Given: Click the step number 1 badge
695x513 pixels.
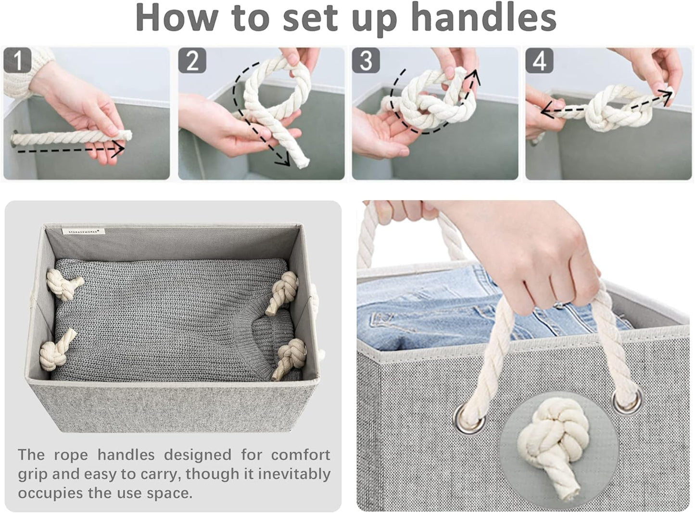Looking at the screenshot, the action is [x=17, y=60].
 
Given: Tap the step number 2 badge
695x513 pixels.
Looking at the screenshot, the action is [x=192, y=60].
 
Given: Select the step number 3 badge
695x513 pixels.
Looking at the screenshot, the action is [x=366, y=60].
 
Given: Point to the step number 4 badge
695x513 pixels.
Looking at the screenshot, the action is [x=540, y=60].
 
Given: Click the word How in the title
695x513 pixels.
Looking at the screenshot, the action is [x=177, y=18].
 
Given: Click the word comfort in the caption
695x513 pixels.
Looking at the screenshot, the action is [x=301, y=455].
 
